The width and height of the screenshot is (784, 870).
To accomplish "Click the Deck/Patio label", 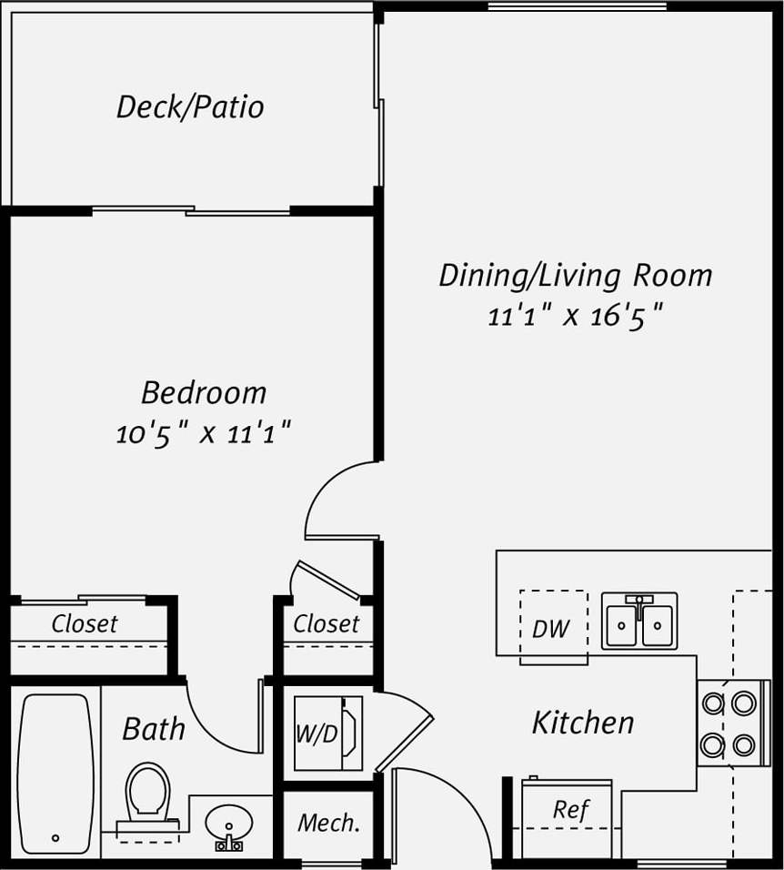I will pos(190,107).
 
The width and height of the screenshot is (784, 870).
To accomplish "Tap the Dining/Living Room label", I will pos(575,275).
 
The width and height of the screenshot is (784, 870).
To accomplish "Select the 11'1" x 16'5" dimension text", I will pos(575,317).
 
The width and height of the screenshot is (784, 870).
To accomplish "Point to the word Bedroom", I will pos(204,393).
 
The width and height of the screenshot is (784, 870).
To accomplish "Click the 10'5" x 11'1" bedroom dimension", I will pos(203,433).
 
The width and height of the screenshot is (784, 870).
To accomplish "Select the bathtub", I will pos(55,774).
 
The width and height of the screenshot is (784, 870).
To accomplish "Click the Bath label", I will pos(154,729).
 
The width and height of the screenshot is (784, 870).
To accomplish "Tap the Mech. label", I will pos(329,823).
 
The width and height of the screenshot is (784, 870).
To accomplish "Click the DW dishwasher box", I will pos(551,628).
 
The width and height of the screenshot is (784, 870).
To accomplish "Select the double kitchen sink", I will pos(639,622).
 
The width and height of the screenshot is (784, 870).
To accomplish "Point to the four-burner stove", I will pos(729,723).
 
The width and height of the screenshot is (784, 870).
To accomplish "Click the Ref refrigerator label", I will pos(571,809).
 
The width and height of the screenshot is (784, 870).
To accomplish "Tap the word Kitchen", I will pos(583,723).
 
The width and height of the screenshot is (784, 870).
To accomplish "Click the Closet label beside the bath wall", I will pos(84,624).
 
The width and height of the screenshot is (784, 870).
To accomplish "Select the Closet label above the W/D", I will pos(326,624).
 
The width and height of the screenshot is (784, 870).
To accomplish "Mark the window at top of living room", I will pos(577,7).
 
